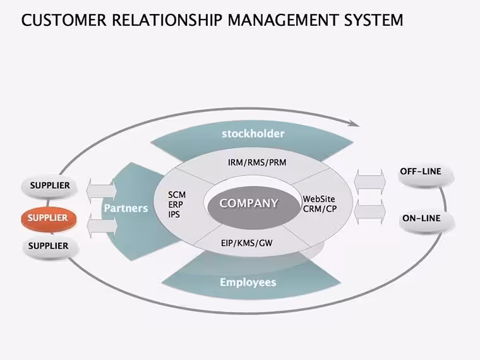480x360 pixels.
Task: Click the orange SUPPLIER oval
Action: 49,219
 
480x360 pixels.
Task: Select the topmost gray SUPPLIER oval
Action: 50,186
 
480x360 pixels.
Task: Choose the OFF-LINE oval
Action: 426,176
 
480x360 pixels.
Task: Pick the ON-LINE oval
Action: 426,222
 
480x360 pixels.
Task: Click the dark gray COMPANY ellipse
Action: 253,207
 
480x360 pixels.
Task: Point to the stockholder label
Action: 253,134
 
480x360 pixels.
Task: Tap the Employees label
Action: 248,282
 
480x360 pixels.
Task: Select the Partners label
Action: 126,208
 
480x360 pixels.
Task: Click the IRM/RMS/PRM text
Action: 257,162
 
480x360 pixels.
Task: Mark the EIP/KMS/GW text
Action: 247,243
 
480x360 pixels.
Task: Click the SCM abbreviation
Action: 177,195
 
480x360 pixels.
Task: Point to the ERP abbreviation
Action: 176,205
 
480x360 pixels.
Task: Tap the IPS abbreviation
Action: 174,214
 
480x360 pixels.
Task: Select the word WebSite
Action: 319,199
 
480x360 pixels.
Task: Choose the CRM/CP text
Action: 320,209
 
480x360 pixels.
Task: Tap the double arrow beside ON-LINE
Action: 369,212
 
